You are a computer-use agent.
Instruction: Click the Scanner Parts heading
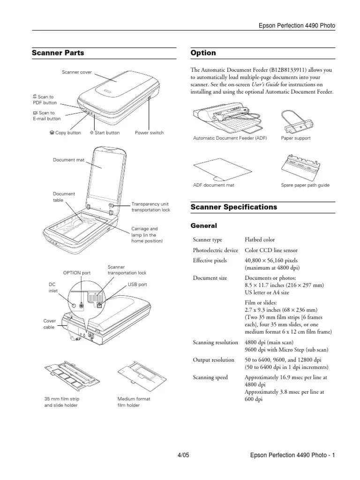58,53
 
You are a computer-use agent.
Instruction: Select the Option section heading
203,53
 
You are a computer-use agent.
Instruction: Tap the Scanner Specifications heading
234,207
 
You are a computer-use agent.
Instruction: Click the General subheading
204,226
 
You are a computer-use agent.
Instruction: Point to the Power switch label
149,133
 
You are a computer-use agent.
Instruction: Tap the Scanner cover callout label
77,72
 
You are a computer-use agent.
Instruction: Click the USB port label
137,285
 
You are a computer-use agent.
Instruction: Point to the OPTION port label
77,273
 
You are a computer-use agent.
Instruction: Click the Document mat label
69,160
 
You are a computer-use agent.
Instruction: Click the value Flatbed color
260,240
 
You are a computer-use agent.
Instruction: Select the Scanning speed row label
210,377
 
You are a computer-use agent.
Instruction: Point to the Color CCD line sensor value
271,250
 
